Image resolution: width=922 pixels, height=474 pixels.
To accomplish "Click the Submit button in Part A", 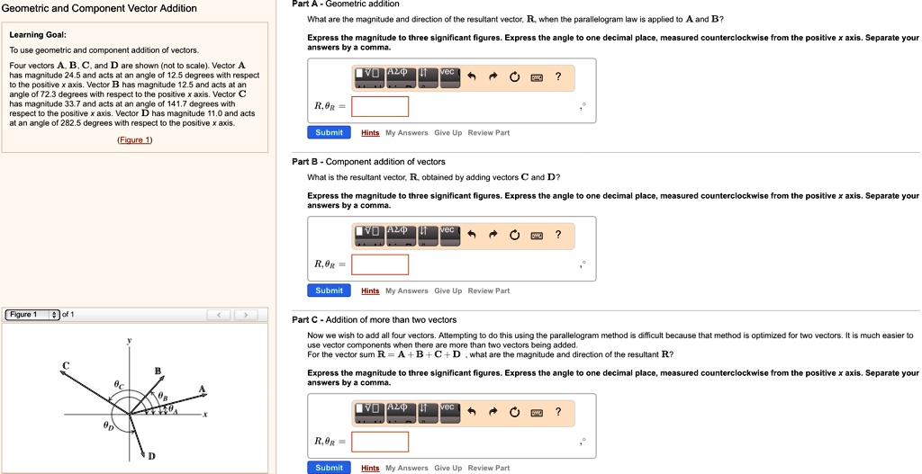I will click(x=329, y=132).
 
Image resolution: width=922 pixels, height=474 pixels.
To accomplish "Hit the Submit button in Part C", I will click(x=329, y=468).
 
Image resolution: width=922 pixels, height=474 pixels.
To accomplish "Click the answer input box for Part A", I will click(x=380, y=107).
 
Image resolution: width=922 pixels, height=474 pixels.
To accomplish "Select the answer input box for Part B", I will click(x=380, y=264).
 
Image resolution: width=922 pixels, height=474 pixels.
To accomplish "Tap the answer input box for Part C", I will click(x=380, y=443).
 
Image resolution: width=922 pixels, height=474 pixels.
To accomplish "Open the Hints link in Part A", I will click(x=370, y=133).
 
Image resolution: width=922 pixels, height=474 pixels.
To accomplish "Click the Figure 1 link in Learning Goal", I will click(x=135, y=140).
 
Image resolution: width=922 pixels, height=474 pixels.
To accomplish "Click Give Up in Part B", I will click(x=447, y=291).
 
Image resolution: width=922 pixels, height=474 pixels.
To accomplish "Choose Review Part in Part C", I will click(x=488, y=469).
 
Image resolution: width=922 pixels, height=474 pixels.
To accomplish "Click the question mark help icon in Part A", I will click(x=558, y=76).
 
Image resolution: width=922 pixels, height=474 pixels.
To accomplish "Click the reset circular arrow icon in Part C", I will click(x=514, y=412).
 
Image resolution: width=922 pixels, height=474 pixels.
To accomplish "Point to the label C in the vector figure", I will click(x=65, y=364).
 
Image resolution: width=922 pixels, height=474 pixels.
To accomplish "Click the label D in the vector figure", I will click(x=151, y=456).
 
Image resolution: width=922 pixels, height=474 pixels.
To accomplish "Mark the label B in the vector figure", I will click(x=158, y=371).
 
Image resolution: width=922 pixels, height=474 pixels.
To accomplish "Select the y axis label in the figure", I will click(x=129, y=341).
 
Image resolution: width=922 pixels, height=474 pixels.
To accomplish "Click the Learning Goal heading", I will click(x=38, y=34).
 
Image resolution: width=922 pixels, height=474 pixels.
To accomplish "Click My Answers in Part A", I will click(x=407, y=133).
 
